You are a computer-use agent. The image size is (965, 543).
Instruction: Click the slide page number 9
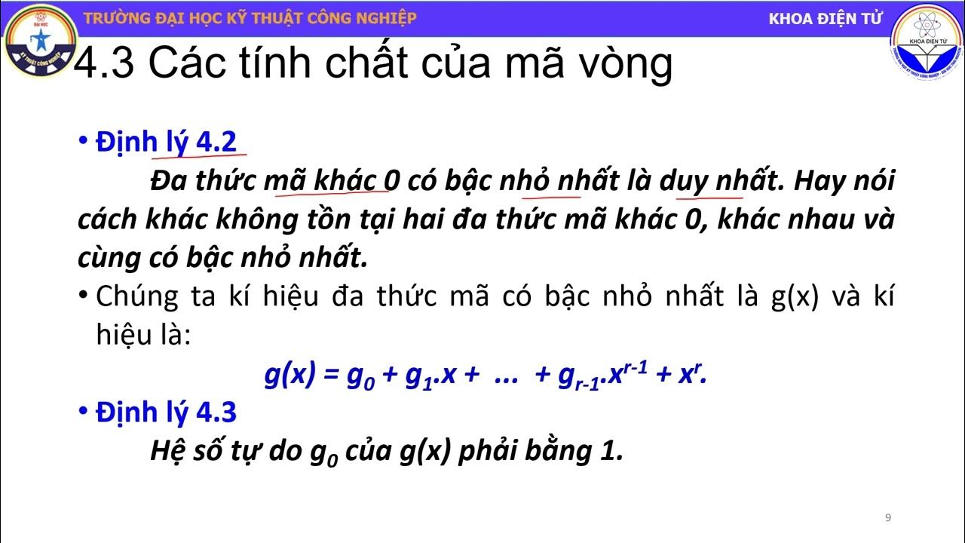coord(888,517)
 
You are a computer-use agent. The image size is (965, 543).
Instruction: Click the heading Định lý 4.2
coord(166,142)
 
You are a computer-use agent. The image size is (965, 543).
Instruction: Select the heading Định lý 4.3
coord(166,413)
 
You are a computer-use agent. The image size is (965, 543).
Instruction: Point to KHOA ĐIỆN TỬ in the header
coord(825,19)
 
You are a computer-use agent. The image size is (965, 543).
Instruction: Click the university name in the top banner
coord(250,18)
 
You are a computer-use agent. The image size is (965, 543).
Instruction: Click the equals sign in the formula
coord(330,374)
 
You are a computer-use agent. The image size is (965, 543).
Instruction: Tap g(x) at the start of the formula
coord(289,374)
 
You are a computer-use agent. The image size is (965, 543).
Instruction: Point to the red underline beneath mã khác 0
coord(332,195)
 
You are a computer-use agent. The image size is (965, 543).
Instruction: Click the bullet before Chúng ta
coord(84,296)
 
